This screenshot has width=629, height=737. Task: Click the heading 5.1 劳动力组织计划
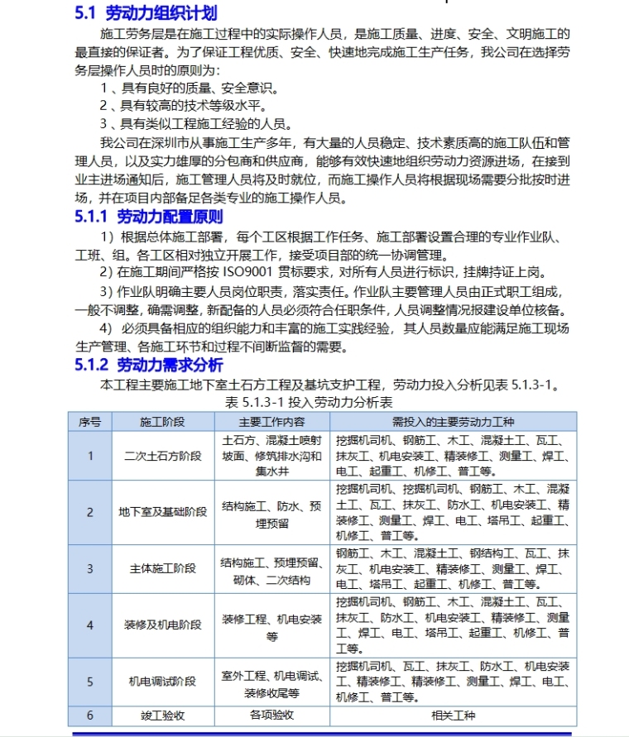146,13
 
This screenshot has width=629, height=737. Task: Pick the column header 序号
90,421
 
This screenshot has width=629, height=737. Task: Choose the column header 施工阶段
162,421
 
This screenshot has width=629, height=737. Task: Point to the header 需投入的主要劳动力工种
453,421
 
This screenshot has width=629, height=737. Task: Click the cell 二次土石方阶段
162,456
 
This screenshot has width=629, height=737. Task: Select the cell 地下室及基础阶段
162,512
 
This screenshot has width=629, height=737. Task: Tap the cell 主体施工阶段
162,569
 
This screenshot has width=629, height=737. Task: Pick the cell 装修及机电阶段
162,625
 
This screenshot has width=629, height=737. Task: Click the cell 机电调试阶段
162,682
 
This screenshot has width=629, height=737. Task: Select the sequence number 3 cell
90,569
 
